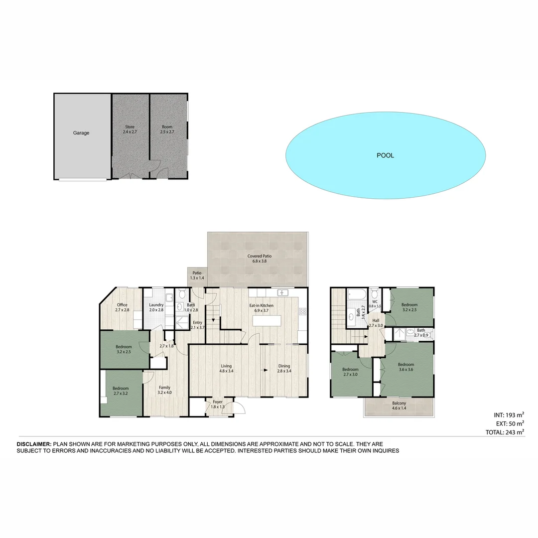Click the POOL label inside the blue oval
(385, 155)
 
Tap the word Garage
(81, 133)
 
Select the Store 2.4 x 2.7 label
(130, 130)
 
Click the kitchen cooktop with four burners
(302, 311)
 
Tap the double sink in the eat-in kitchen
(282, 293)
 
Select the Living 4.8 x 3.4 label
(227, 368)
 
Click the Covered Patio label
(260, 259)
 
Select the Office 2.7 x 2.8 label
(122, 307)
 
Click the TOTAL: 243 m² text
(504, 432)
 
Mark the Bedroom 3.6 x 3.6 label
(406, 367)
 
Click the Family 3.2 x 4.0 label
(164, 390)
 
